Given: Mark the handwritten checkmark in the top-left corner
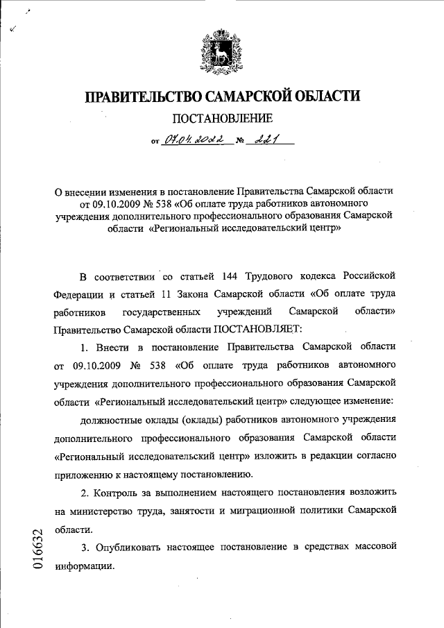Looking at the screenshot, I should [x=15, y=28].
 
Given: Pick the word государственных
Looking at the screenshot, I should [x=162, y=310].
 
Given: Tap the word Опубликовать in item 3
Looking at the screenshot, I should [x=129, y=547].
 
